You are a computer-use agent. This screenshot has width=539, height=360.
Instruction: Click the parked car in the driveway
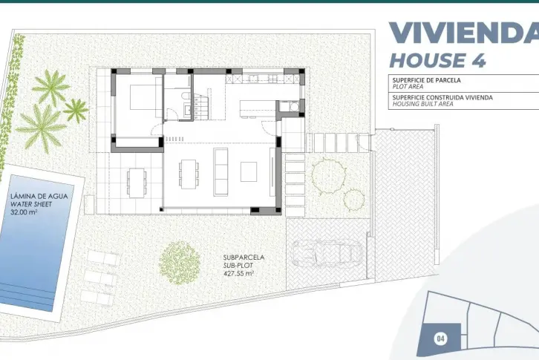tap(326, 253)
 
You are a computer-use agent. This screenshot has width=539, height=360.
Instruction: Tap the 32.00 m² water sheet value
tap(24, 212)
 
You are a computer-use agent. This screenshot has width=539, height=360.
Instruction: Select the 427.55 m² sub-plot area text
tap(238, 274)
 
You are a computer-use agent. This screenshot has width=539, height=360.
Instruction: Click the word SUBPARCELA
tap(244, 257)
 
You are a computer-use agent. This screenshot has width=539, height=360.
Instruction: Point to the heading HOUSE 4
tap(437, 61)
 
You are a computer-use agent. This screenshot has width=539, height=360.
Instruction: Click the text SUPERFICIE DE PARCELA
tap(427, 80)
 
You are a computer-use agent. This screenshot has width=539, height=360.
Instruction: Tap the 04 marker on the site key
tap(441, 338)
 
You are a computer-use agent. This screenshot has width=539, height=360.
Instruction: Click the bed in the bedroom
tap(143, 97)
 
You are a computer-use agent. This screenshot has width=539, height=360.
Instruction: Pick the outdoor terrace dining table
tap(137, 183)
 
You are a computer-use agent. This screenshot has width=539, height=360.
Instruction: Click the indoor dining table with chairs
tap(189, 173)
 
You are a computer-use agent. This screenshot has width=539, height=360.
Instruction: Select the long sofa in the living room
tap(220, 172)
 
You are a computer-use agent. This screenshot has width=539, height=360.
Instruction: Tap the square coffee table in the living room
tap(249, 172)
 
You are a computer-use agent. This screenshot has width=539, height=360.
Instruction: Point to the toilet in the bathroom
tap(185, 95)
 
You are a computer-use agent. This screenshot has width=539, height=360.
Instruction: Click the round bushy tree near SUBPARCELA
tap(180, 263)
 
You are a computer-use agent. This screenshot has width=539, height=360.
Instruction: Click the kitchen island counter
tap(258, 109)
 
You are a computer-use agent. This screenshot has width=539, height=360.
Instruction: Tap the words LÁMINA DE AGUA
tap(39, 197)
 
